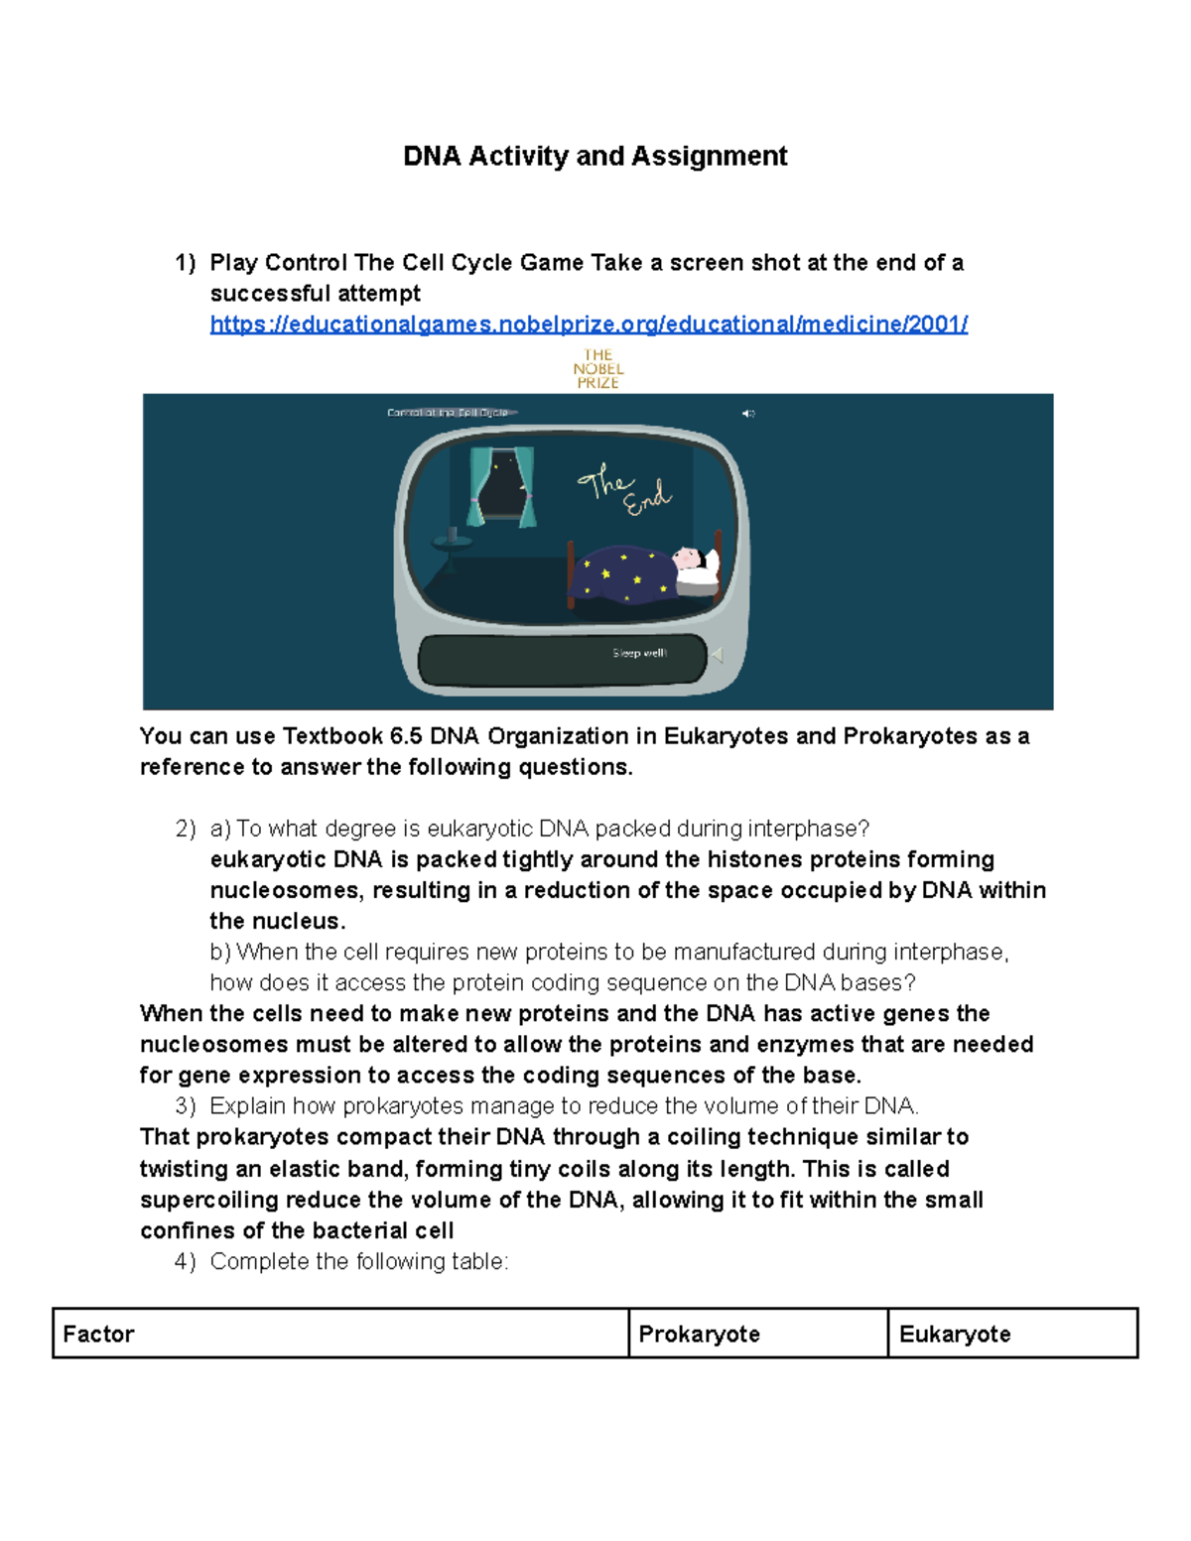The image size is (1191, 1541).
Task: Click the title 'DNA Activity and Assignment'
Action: (x=595, y=156)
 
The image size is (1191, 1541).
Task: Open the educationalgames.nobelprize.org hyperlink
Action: (x=589, y=324)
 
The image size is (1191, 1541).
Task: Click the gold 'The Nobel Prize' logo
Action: (x=597, y=369)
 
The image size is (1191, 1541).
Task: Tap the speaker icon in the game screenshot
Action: (x=748, y=414)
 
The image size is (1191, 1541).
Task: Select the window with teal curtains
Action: (x=502, y=486)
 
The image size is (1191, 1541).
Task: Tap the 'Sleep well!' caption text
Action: (x=639, y=653)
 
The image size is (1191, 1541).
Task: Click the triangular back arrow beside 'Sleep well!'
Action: (x=717, y=655)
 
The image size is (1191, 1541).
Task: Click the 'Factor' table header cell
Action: (x=98, y=1334)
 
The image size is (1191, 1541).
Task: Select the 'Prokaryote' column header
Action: (x=699, y=1334)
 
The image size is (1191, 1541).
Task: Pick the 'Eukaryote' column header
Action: (x=955, y=1334)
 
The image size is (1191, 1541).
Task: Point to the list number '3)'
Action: (x=186, y=1106)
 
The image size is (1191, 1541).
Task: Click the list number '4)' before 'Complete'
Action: (x=186, y=1261)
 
